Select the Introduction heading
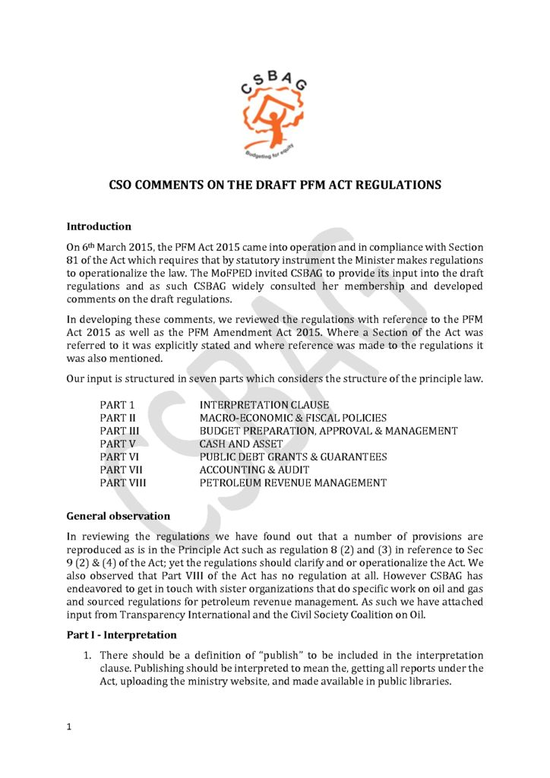click(x=99, y=226)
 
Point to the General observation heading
click(x=119, y=516)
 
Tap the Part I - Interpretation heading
click(x=122, y=634)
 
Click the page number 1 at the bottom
click(x=69, y=727)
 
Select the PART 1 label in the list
click(x=117, y=405)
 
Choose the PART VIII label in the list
click(x=123, y=482)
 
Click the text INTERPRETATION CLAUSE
click(x=264, y=405)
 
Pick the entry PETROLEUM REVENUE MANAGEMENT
click(x=292, y=482)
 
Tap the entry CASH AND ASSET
click(x=241, y=444)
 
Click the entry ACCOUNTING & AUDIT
click(x=254, y=470)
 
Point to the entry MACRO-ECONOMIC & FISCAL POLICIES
click(x=292, y=418)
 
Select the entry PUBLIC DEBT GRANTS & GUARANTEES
click(x=292, y=457)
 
